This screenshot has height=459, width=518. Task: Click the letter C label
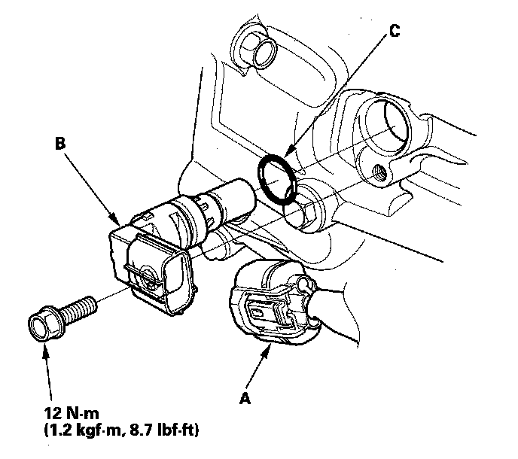pyautogui.click(x=395, y=31)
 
